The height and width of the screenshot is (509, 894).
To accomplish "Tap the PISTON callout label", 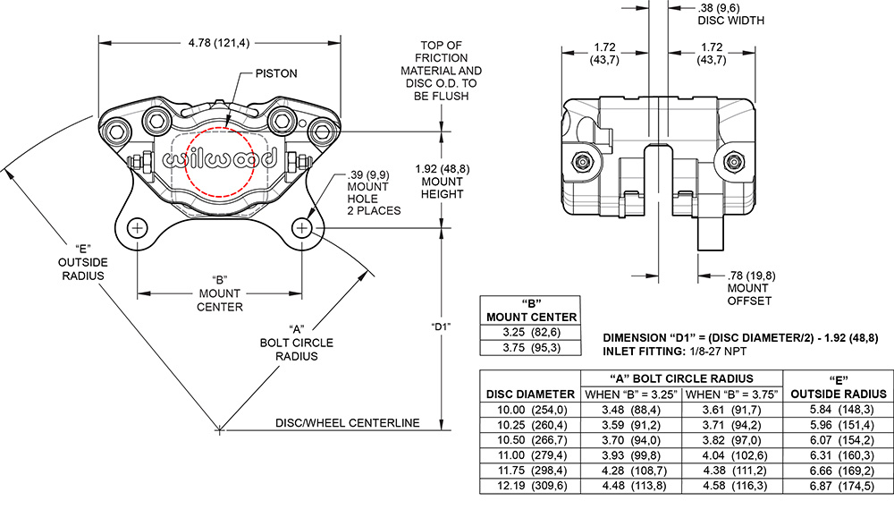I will point(276,73).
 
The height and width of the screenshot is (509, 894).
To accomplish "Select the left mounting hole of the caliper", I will point(138,228).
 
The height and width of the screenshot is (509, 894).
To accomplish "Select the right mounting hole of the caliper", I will point(301,228).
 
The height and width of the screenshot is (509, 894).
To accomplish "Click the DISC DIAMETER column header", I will point(530,394).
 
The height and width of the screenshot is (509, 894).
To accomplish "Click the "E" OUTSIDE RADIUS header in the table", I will point(839,386).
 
